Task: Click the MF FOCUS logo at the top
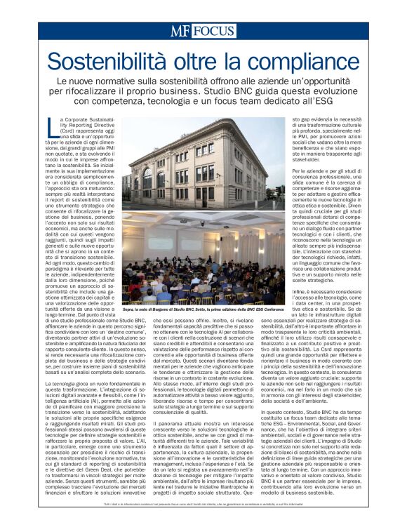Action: (x=203, y=30)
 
